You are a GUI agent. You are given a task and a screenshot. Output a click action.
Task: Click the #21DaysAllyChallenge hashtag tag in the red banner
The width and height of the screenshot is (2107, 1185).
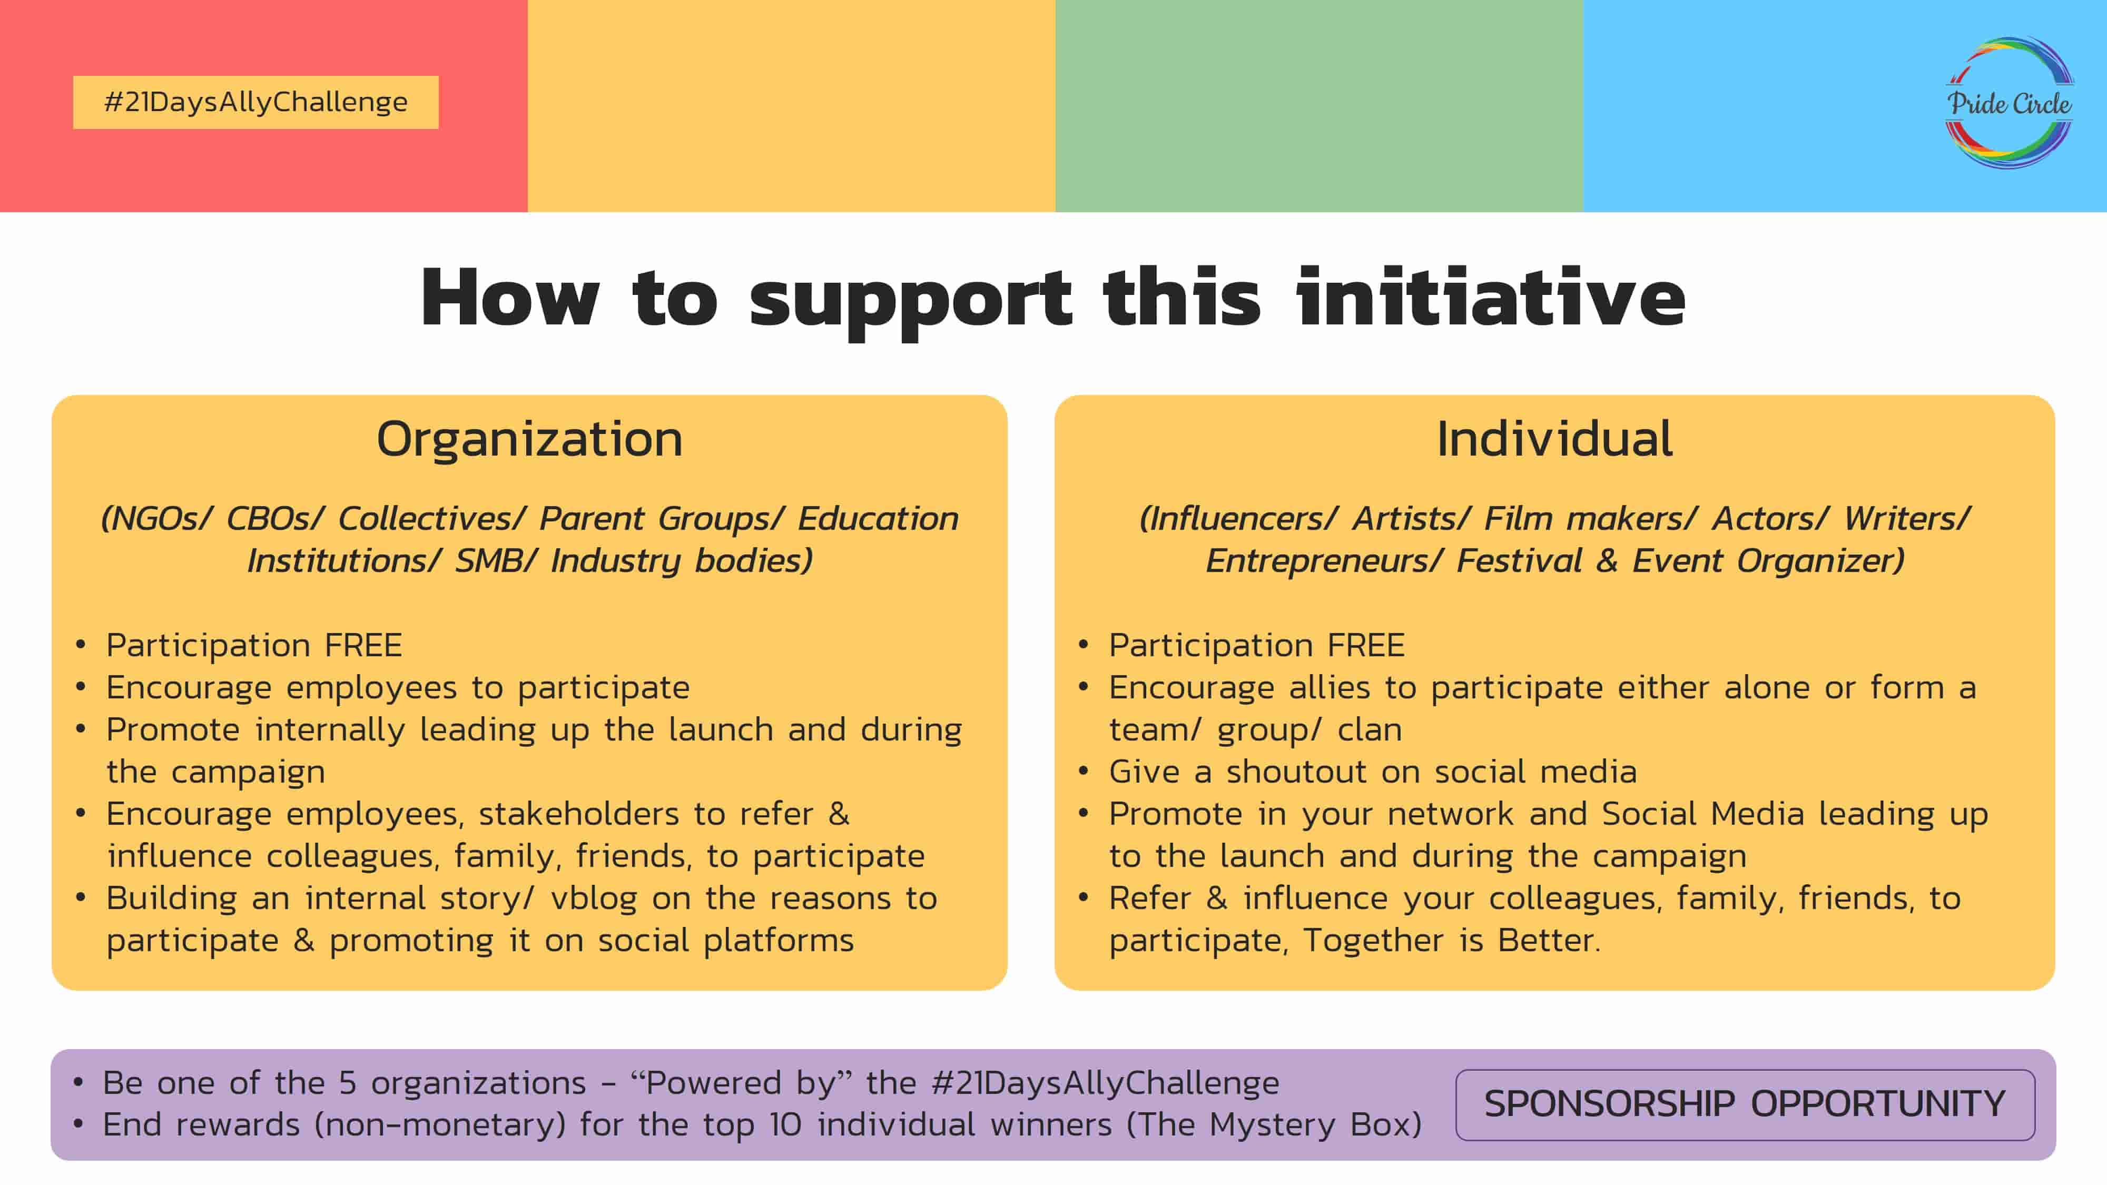tap(255, 102)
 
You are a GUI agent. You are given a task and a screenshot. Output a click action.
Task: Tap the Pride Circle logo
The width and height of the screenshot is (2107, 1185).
tap(2009, 103)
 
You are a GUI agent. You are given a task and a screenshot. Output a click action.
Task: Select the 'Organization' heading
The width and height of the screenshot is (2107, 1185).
tap(529, 440)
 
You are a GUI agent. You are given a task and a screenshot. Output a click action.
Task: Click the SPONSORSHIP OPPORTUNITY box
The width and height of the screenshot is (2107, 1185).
tap(1745, 1104)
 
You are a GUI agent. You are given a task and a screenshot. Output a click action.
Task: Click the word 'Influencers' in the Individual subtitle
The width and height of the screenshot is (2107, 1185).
tap(1237, 518)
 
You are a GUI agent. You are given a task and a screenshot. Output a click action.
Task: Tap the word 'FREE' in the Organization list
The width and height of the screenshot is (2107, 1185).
tap(363, 645)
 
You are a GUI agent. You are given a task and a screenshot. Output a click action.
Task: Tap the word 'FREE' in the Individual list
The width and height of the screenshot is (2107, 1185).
tap(1366, 645)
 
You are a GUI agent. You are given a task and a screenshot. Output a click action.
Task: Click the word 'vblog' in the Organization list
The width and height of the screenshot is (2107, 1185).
tap(594, 899)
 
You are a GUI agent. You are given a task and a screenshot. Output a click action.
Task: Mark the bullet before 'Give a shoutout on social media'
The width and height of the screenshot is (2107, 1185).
tap(1084, 771)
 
